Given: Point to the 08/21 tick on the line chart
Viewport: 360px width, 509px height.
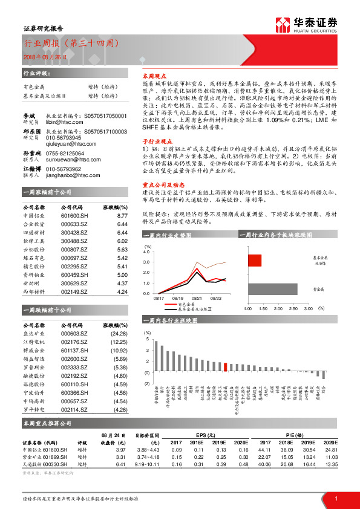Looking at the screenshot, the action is coord(198,297).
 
